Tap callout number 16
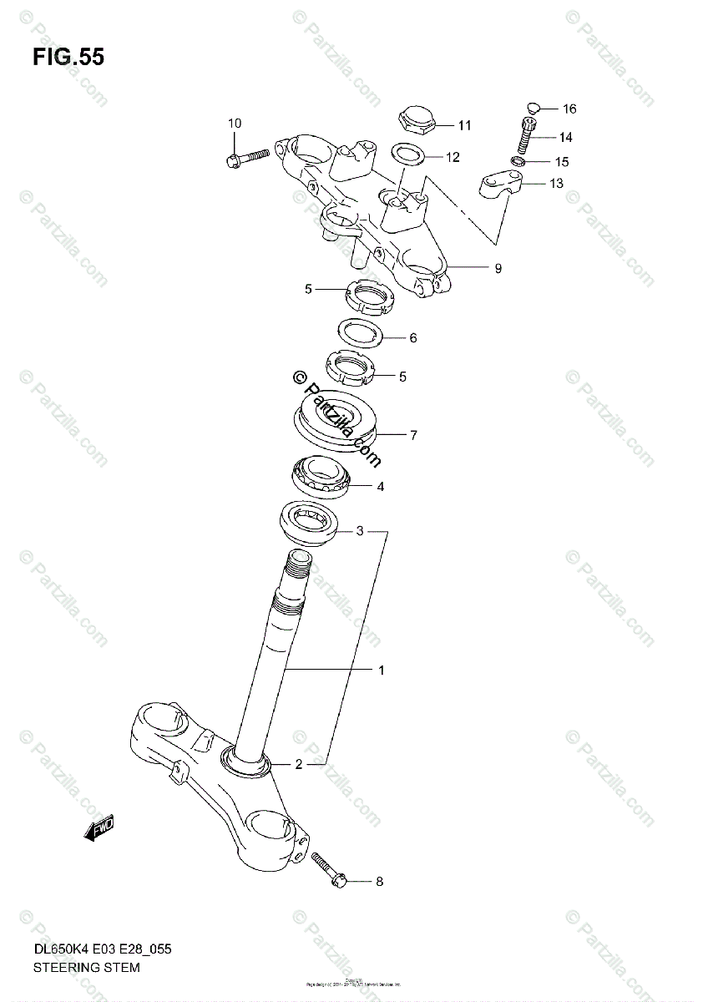tap(569, 109)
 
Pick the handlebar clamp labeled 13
tap(500, 184)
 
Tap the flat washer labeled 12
tap(407, 154)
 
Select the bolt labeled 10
tap(245, 157)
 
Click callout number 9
tap(498, 269)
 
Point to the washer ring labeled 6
tap(359, 332)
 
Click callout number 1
tap(381, 670)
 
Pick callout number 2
tap(298, 763)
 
